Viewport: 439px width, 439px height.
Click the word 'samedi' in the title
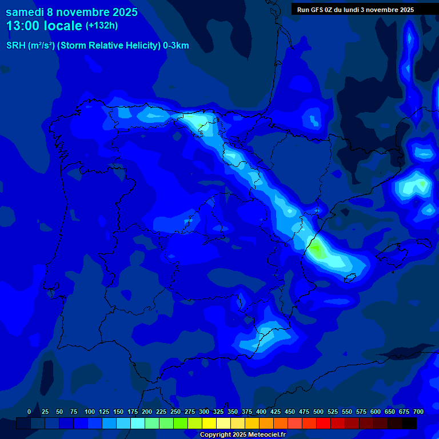25,12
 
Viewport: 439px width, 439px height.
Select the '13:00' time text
23,26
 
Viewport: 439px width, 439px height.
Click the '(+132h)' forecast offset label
102,26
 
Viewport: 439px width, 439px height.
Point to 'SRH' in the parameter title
15,46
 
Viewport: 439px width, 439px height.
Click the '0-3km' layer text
176,46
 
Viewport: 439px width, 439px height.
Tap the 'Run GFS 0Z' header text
315,10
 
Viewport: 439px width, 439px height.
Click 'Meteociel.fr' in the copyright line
264,435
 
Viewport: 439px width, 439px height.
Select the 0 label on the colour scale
29,412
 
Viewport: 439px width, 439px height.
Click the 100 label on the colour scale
90,412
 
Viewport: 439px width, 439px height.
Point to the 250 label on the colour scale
175,412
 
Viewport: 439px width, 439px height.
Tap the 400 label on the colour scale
261,412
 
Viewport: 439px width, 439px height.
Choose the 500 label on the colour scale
318,412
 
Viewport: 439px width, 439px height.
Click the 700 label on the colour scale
418,412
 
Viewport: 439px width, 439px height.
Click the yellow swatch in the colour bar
209,424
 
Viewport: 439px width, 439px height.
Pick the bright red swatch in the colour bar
324,424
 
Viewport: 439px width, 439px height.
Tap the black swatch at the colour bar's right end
409,424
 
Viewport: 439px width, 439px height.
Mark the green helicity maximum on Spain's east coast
316,249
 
